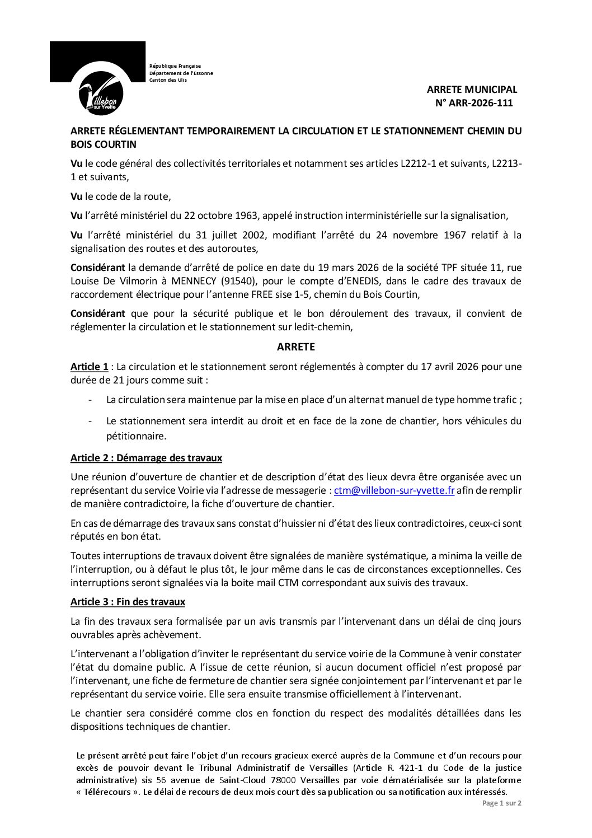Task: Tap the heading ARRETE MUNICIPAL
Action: pos(472,90)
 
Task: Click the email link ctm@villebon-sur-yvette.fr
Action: pos(394,490)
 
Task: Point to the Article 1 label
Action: pos(89,367)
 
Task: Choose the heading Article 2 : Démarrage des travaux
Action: pos(146,458)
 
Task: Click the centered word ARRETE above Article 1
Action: pos(296,347)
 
